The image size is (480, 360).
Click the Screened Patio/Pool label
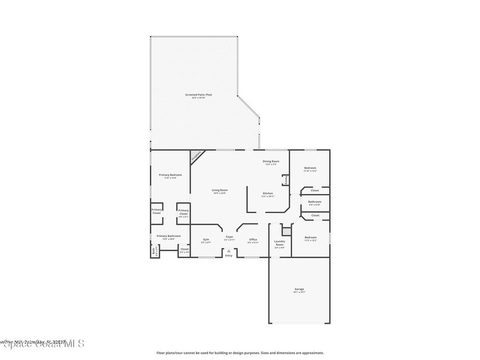(198, 95)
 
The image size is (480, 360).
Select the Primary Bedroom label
(170, 175)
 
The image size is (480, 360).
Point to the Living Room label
(219, 190)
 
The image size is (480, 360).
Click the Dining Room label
(271, 161)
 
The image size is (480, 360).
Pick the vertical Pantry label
(285, 180)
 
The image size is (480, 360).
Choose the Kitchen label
(268, 193)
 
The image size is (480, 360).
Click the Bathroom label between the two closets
(315, 202)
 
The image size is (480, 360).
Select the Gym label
(206, 240)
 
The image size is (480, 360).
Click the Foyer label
(229, 237)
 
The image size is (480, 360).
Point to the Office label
(253, 240)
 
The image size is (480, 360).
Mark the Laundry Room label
(279, 243)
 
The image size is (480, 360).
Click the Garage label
(299, 289)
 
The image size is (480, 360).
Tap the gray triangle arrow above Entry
(229, 251)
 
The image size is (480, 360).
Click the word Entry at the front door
(229, 255)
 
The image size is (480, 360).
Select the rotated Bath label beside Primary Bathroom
(154, 251)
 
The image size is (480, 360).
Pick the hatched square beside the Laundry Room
(285, 231)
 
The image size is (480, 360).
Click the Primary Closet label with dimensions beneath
(183, 212)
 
